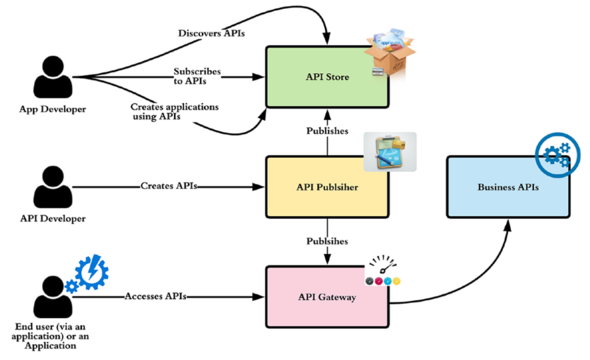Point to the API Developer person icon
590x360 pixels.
pyautogui.click(x=52, y=187)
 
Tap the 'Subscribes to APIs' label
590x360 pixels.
pyautogui.click(x=198, y=76)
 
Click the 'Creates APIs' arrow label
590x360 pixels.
pyautogui.click(x=170, y=184)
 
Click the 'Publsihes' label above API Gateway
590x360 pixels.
pyautogui.click(x=327, y=241)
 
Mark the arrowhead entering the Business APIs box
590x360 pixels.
pyautogui.click(x=507, y=221)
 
